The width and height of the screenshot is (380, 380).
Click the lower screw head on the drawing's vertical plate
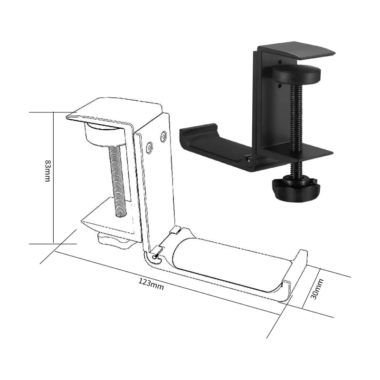point(150,148)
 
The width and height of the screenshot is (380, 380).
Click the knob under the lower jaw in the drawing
point(114,240)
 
